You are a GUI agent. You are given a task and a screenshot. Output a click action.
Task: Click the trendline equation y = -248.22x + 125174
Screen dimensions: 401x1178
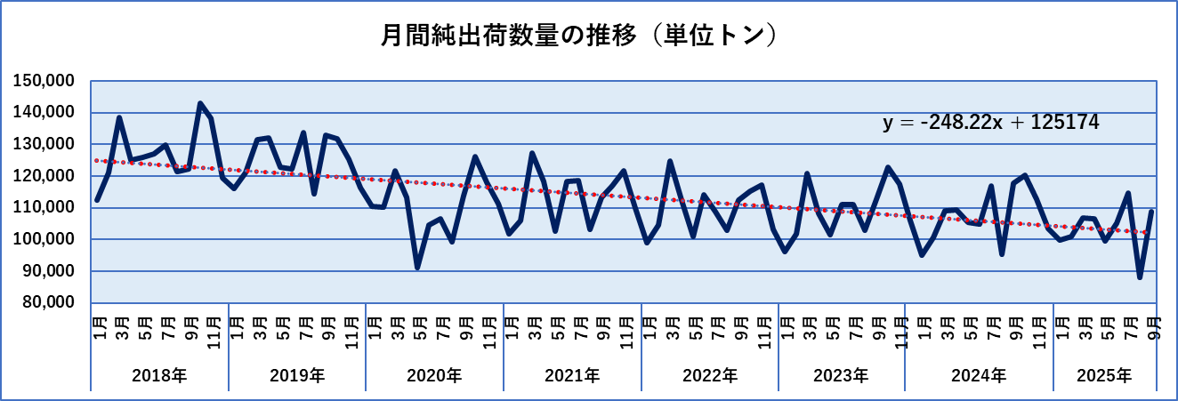[x=991, y=124]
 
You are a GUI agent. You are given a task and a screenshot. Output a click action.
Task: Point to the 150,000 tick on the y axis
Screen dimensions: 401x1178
[x=44, y=81]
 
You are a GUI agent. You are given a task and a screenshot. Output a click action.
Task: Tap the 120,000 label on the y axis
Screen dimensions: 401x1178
[x=44, y=176]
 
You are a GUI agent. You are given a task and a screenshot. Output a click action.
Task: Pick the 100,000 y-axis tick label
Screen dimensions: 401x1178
[x=44, y=240]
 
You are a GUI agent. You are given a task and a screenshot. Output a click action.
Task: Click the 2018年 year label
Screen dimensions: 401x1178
[x=159, y=376]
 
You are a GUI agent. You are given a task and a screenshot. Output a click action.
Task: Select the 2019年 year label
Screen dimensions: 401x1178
[x=297, y=376]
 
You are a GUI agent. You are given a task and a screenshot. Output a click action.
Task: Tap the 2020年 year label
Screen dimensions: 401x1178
[x=434, y=376]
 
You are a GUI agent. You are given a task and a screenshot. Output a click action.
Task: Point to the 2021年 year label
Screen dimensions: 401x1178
[x=572, y=376]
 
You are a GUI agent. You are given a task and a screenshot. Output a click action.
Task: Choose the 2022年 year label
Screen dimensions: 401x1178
[x=710, y=376]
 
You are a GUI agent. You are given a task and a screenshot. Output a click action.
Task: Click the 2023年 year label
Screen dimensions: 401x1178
[x=841, y=376]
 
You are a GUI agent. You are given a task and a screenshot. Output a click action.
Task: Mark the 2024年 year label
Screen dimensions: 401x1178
[x=979, y=376]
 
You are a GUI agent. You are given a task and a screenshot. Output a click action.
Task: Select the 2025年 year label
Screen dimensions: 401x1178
[x=1104, y=376]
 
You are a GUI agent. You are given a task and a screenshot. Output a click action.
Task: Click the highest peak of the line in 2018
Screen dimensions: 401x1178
[x=199, y=104]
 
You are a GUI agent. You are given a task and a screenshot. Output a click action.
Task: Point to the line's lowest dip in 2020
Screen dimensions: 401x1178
[x=417, y=267]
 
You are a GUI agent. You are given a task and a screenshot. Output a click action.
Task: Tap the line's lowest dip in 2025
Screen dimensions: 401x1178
[x=1140, y=277]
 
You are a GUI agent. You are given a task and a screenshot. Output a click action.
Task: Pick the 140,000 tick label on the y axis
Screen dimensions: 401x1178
[x=44, y=113]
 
